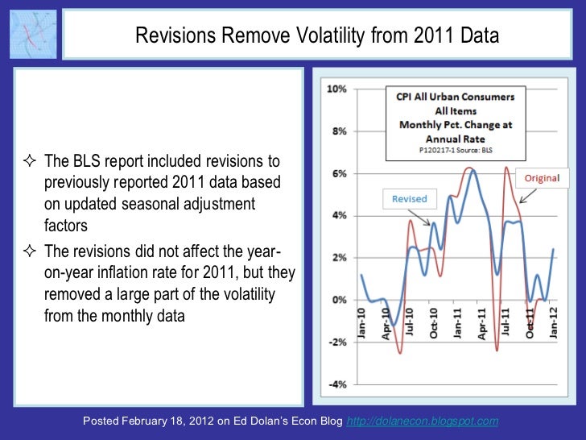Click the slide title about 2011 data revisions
[317, 37]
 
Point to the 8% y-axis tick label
[339, 131]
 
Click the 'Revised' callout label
[409, 199]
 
